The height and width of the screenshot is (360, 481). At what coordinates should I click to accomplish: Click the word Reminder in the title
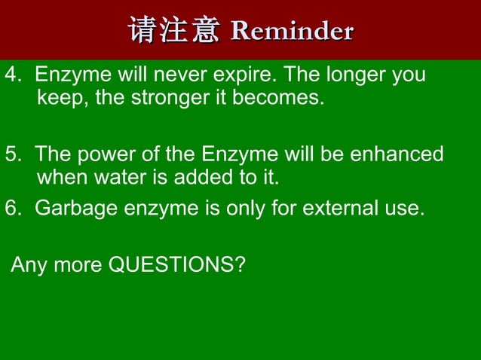tap(292, 32)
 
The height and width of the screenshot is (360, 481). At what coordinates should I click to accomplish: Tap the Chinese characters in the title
tap(174, 32)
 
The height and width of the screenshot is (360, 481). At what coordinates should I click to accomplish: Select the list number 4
tap(11, 76)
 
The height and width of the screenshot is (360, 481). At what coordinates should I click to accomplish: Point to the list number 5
tap(11, 155)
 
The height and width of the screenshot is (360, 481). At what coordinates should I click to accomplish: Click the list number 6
tap(11, 208)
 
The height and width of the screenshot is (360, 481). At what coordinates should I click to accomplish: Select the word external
tap(342, 208)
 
